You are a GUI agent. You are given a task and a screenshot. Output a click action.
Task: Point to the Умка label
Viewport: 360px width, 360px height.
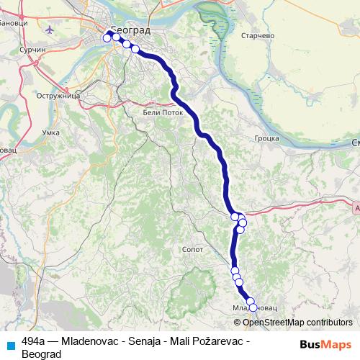tap(51, 132)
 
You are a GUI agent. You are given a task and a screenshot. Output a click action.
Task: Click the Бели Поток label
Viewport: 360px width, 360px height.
tap(160, 112)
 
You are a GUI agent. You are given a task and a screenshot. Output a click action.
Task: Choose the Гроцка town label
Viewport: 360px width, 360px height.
tap(266, 138)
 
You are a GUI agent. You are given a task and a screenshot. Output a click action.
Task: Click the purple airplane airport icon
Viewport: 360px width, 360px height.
tap(49, 30)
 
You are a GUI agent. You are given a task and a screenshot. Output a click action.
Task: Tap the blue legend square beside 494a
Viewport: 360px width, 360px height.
tap(10, 344)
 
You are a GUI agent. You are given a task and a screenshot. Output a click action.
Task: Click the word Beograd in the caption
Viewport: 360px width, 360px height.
tap(42, 354)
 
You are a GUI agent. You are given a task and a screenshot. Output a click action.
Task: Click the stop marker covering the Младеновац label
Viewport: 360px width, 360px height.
tap(253, 307)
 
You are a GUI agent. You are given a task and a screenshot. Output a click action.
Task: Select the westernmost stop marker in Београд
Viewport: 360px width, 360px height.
tap(107, 38)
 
